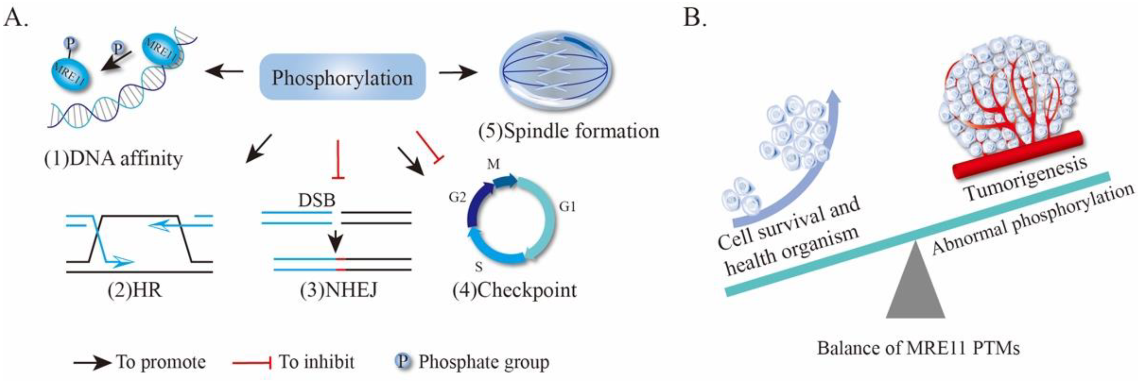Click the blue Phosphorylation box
[x=342, y=77]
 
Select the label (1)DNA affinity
[x=113, y=158]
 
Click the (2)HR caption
[x=135, y=290]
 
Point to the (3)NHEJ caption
[x=338, y=290]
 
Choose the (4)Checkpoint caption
[x=514, y=290]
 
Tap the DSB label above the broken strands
[x=316, y=200]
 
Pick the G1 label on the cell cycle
[x=567, y=206]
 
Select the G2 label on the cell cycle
[x=457, y=197]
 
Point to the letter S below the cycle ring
[x=478, y=267]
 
